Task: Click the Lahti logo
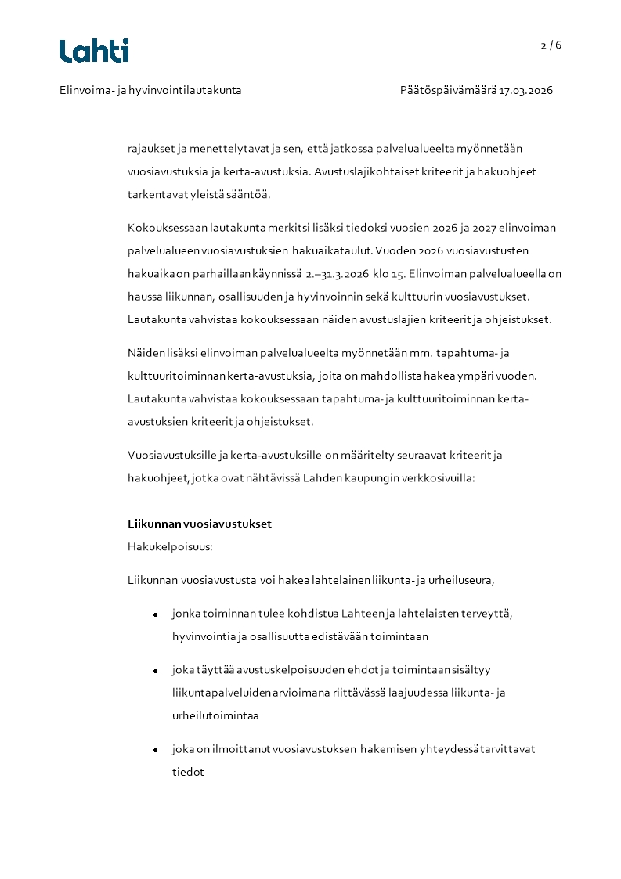(x=94, y=51)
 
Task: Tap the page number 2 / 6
(x=551, y=45)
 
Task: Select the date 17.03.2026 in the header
(x=526, y=90)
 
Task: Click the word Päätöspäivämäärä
(x=448, y=90)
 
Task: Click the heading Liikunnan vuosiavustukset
(x=200, y=524)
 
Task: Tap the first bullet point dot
(x=156, y=614)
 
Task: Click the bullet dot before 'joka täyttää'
(x=156, y=672)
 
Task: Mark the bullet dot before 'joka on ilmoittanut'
(x=156, y=751)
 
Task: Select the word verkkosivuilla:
(x=438, y=477)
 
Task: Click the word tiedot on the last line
(x=188, y=772)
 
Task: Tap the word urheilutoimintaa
(x=215, y=715)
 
